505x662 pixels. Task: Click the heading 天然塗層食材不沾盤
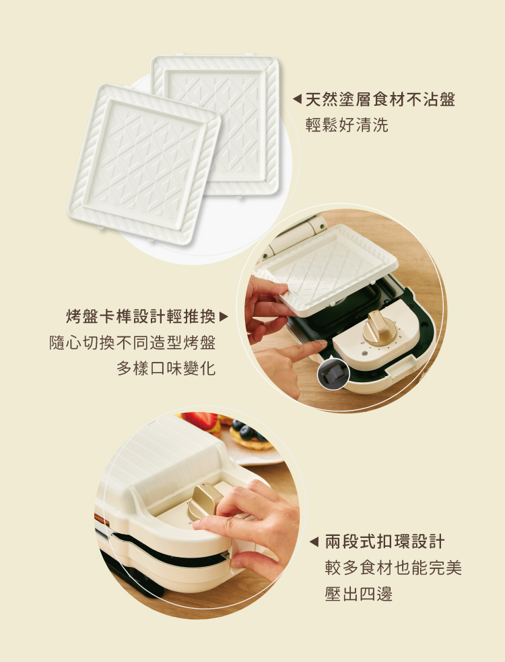[x=380, y=100]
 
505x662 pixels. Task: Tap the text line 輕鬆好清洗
[x=347, y=125]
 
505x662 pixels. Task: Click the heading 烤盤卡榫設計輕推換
[x=141, y=316]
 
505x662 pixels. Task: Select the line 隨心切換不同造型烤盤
[x=133, y=342]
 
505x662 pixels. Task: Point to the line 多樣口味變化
[x=166, y=368]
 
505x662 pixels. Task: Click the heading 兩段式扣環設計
[x=385, y=542]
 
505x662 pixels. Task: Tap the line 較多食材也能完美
[x=393, y=568]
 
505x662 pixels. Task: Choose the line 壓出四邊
[x=359, y=594]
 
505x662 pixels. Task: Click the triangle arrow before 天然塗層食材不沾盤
[x=297, y=100]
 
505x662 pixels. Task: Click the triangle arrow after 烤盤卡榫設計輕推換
[x=224, y=316]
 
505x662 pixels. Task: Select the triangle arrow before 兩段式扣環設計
[x=314, y=542]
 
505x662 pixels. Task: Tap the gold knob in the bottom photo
[x=203, y=501]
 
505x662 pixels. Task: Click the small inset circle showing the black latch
[x=333, y=373]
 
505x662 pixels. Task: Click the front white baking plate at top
[x=145, y=164]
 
